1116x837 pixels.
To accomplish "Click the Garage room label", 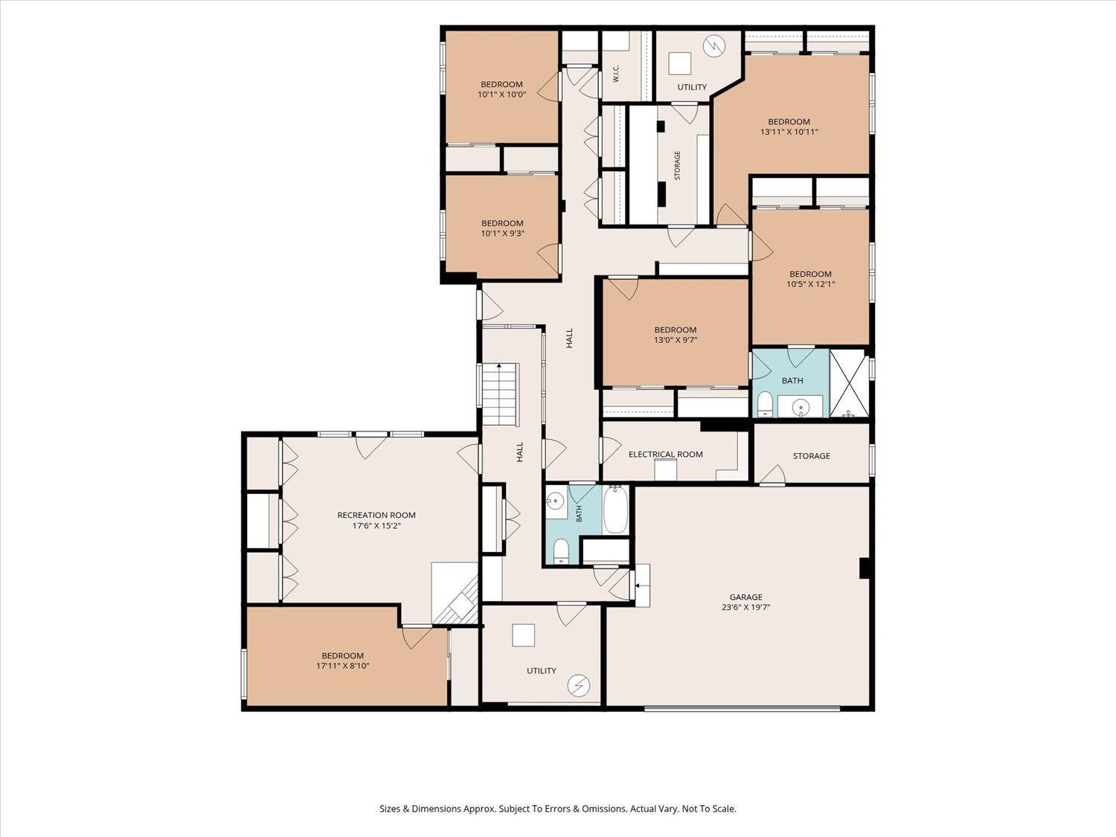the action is pyautogui.click(x=746, y=597).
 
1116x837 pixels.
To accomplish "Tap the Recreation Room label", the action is pyautogui.click(x=376, y=515).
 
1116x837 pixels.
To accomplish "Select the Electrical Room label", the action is pyautogui.click(x=666, y=455).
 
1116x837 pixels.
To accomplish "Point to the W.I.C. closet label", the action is pyautogui.click(x=616, y=74).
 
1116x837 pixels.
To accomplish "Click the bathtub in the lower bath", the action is pyautogui.click(x=616, y=509).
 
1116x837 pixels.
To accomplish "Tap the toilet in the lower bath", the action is pyautogui.click(x=560, y=551).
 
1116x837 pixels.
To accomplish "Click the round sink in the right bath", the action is pyautogui.click(x=801, y=406).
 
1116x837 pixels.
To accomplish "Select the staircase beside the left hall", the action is pyautogui.click(x=500, y=394).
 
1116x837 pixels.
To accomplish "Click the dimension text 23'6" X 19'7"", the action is pyautogui.click(x=746, y=607).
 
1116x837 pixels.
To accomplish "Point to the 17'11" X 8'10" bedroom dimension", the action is pyautogui.click(x=342, y=666).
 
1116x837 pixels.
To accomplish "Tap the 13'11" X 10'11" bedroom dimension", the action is pyautogui.click(x=789, y=132).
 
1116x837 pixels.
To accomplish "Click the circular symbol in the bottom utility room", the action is pyautogui.click(x=579, y=685).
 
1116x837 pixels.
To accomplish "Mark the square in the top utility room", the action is pyautogui.click(x=680, y=63).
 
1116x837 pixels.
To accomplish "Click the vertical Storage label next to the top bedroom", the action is pyautogui.click(x=677, y=165).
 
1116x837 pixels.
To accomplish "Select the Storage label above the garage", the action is pyautogui.click(x=812, y=456).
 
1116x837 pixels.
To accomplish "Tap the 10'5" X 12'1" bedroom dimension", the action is pyautogui.click(x=810, y=284).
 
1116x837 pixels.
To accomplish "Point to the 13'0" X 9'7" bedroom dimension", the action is pyautogui.click(x=676, y=339).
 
